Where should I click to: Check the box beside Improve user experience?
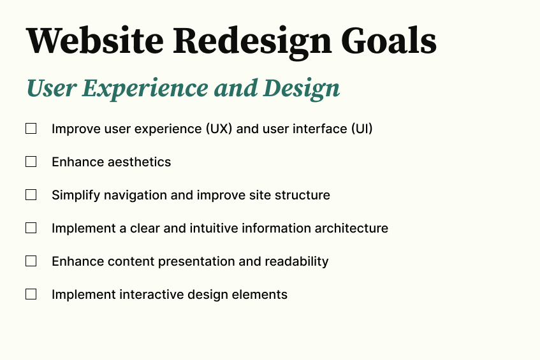31,129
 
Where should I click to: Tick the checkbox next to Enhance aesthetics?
31,162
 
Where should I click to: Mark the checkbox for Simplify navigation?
31,195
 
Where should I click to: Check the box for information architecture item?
31,228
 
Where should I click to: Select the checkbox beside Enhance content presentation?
31,261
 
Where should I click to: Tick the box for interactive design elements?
31,294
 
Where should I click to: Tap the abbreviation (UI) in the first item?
361,129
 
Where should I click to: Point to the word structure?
302,195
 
